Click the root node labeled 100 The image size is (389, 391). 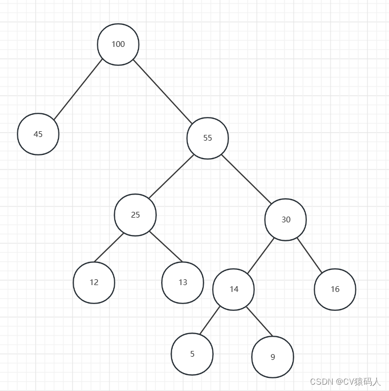pos(118,44)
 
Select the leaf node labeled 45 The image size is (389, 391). pos(38,134)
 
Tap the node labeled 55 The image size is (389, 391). pos(207,138)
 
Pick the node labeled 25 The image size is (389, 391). pos(135,215)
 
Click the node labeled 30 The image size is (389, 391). pos(285,220)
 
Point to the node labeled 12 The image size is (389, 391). pos(94,282)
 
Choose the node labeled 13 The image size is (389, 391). pos(182,282)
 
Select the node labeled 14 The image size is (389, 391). pos(234,289)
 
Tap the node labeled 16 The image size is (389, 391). pos(335,289)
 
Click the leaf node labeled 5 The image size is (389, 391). pos(192,354)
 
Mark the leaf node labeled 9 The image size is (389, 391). pos(272,357)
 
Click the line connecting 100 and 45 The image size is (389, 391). pos(78,90)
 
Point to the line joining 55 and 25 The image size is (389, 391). pos(171,177)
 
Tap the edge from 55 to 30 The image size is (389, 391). pos(246,179)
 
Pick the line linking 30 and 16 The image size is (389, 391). pos(310,255)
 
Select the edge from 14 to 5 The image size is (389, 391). pos(210,320)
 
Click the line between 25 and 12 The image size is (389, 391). pos(109,247)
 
